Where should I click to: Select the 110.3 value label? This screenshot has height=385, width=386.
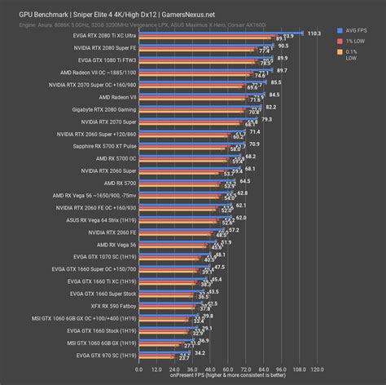tap(314, 33)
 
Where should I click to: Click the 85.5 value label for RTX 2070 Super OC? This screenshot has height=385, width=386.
tap(276, 82)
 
